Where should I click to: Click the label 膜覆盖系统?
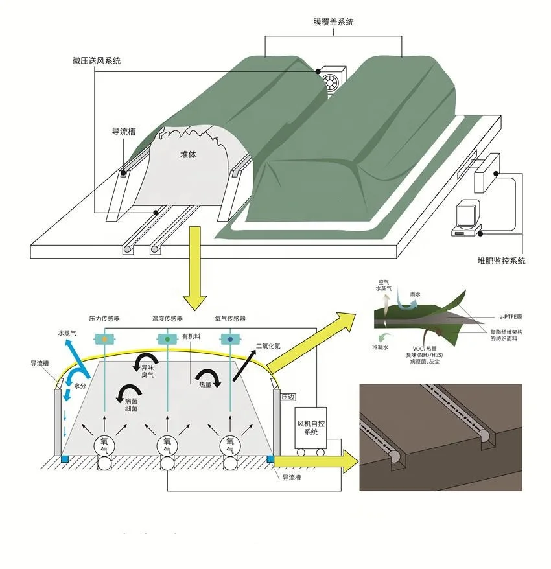(x=333, y=22)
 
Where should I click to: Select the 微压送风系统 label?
(x=96, y=61)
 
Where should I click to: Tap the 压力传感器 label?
(x=104, y=319)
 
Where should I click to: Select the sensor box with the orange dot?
(x=104, y=338)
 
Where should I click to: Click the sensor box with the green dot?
(x=167, y=338)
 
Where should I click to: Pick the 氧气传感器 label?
(x=230, y=319)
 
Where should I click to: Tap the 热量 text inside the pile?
(x=198, y=384)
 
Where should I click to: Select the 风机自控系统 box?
(x=308, y=428)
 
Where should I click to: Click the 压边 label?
(x=288, y=397)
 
